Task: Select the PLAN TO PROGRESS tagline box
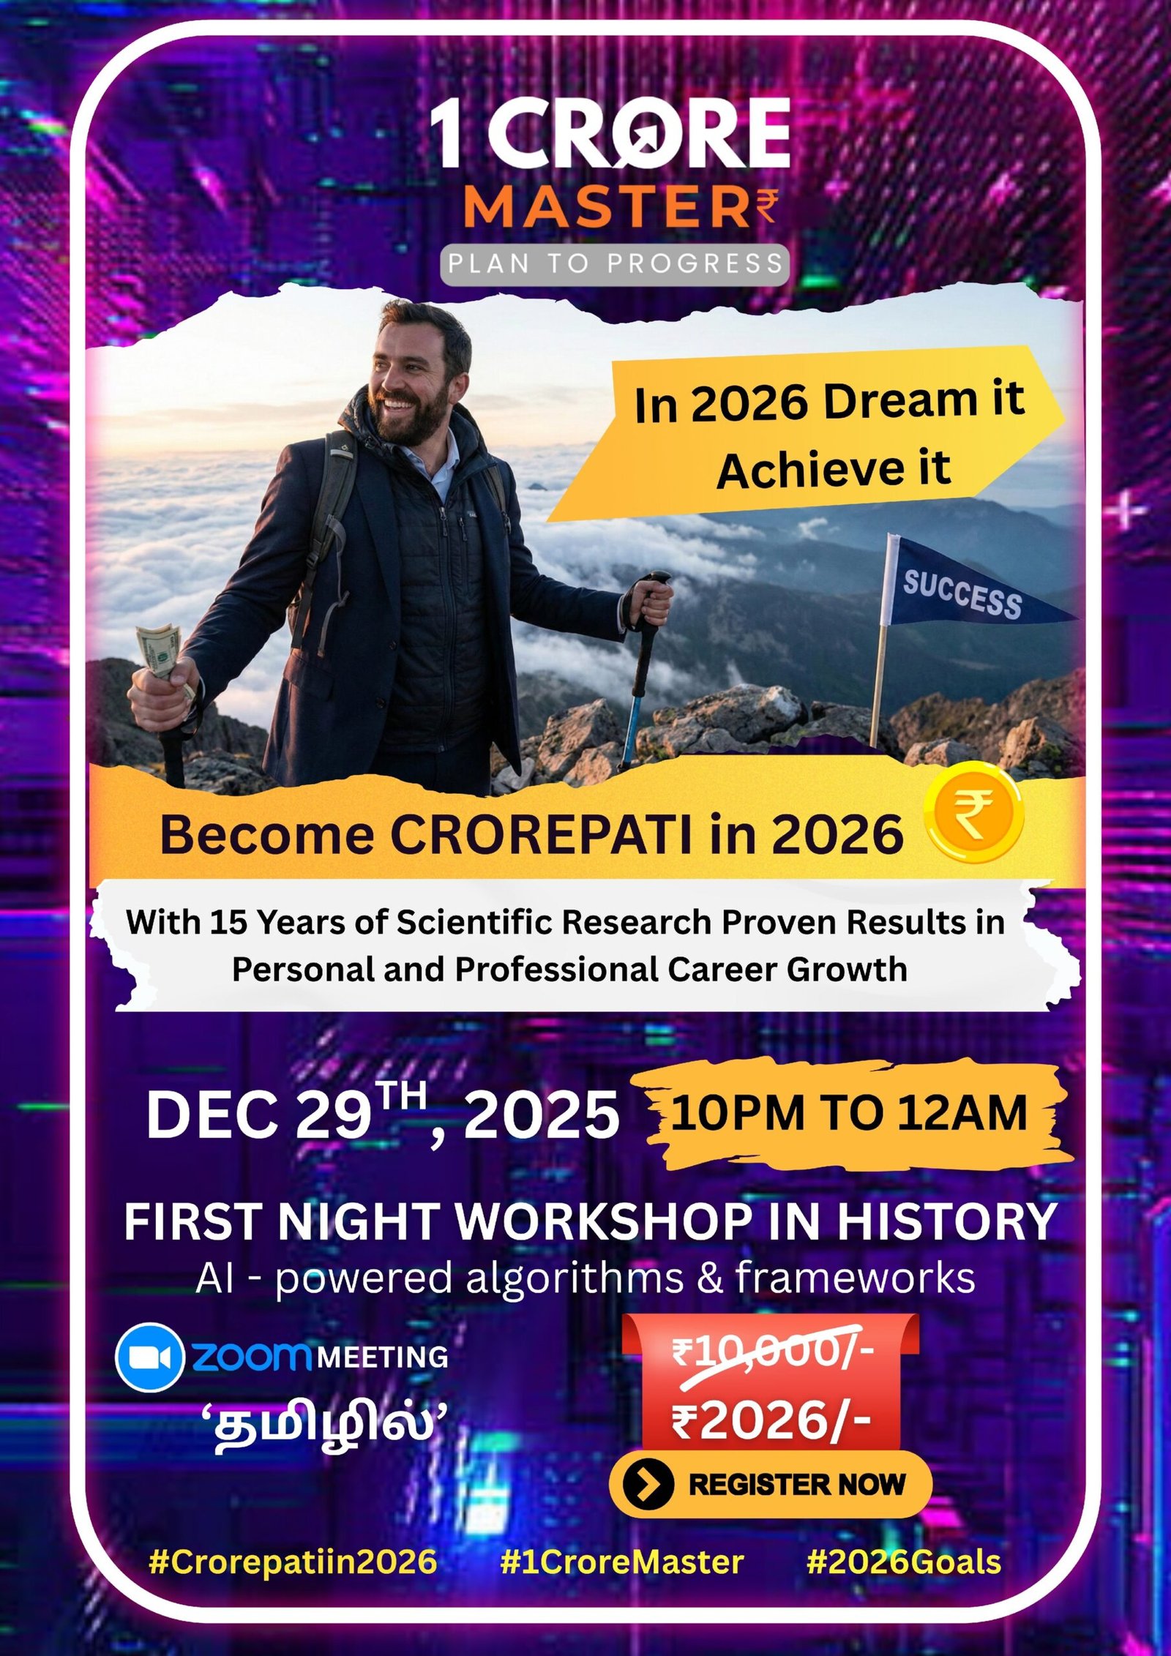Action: coord(615,263)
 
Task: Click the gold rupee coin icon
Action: coord(974,813)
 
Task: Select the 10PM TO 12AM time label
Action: coord(849,1114)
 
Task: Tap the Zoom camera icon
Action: coord(149,1357)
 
